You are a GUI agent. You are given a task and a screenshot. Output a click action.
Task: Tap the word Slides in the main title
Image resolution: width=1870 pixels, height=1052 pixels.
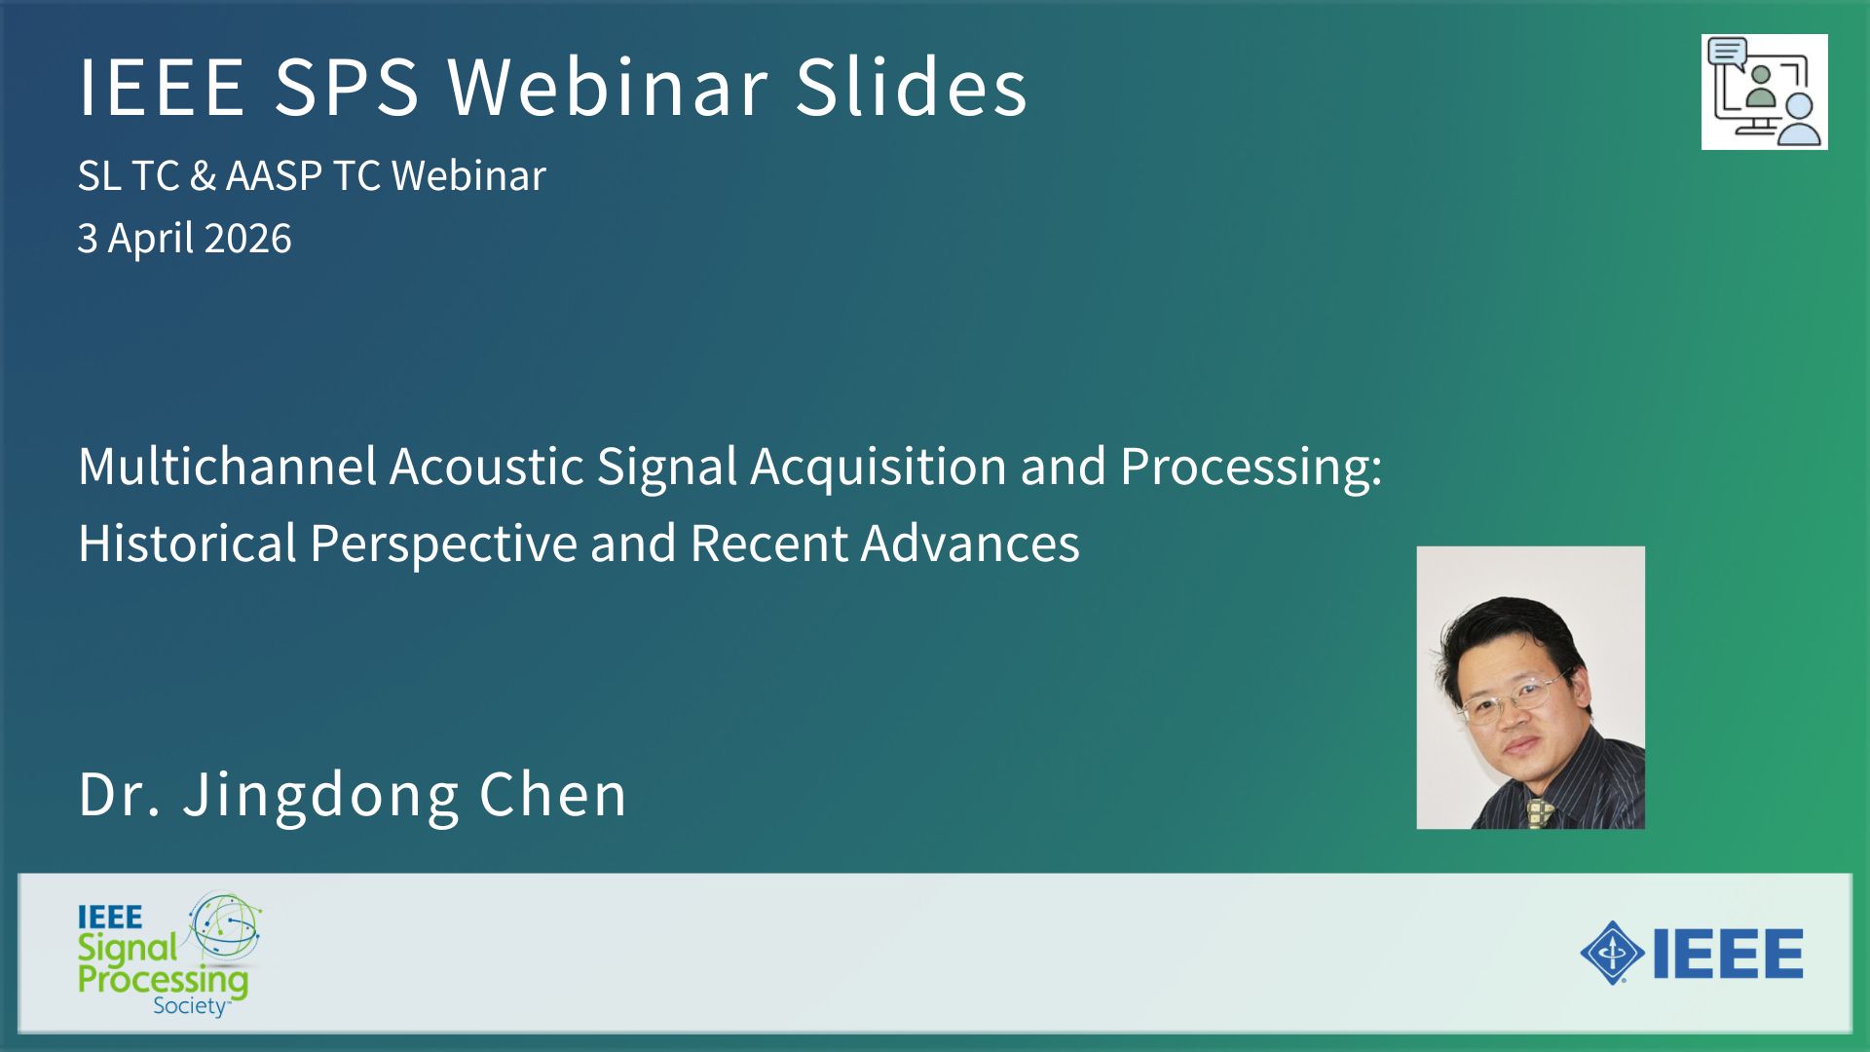point(912,86)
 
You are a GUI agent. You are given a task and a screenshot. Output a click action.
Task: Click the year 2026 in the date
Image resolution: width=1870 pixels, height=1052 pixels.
point(247,239)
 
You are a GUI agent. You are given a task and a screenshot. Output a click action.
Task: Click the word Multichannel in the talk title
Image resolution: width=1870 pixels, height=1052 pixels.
point(227,466)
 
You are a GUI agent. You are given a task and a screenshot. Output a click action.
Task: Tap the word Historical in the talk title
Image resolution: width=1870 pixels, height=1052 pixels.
point(187,543)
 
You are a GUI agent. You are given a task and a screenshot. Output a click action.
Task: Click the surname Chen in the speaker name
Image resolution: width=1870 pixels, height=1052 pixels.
point(553,794)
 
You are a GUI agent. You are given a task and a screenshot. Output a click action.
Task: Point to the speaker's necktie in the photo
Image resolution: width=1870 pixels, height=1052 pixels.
point(1540,814)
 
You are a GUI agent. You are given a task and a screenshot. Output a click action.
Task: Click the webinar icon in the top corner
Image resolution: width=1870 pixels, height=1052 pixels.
point(1764,92)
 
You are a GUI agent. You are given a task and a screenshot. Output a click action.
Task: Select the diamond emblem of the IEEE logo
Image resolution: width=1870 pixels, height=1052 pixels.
point(1613,953)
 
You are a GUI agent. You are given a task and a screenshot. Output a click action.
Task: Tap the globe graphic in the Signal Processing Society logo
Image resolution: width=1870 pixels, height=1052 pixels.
point(225,925)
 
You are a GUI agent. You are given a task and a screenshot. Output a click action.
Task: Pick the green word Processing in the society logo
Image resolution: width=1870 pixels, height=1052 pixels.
point(163,981)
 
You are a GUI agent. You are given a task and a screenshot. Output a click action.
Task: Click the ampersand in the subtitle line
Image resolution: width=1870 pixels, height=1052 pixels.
point(203,176)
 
